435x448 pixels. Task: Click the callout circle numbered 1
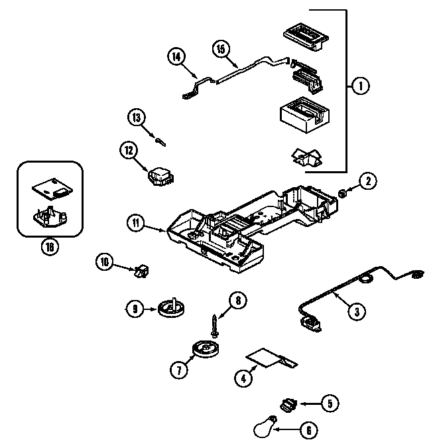359,86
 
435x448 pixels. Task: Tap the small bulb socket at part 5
287,403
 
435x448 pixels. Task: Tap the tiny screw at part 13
160,139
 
